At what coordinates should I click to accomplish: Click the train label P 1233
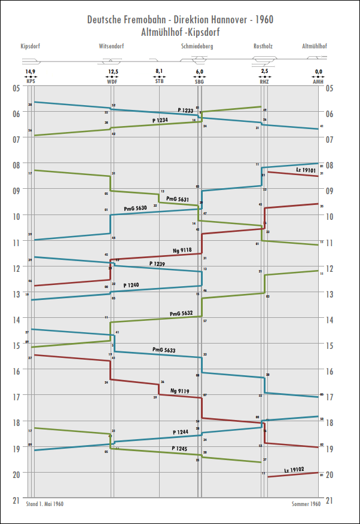pos(185,111)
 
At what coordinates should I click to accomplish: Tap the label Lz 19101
pos(306,170)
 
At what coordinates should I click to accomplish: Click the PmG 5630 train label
pos(135,209)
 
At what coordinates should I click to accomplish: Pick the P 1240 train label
pos(130,286)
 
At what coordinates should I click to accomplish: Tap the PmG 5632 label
pos(181,313)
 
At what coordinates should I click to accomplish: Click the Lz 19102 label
pos(294,470)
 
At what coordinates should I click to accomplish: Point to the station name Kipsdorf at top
pos(30,46)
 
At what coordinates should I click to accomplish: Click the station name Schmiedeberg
pos(197,46)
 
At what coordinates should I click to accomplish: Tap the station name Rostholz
pos(264,46)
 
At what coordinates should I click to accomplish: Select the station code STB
pos(159,81)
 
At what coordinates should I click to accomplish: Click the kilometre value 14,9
pos(30,72)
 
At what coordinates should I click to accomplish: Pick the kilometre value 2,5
pos(264,72)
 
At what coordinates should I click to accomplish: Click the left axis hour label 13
pos(17,294)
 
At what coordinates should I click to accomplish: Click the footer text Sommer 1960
pos(306,504)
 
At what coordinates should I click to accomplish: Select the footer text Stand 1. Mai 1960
pos(45,504)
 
